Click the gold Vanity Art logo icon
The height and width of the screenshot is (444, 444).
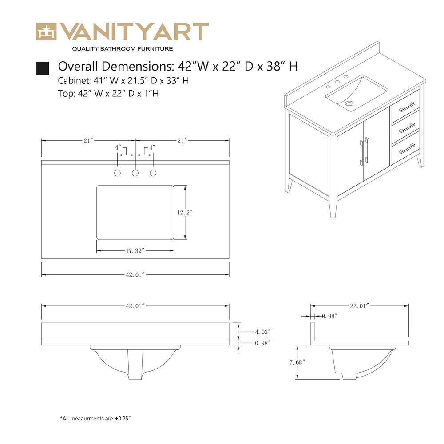46,31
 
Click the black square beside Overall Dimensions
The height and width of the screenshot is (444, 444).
42,68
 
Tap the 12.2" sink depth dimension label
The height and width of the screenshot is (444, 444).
184,213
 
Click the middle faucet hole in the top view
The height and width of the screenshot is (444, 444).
135,172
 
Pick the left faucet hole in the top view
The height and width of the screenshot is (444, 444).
118,172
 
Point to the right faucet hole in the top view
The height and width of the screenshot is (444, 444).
153,172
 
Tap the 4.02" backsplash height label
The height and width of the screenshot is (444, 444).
262,332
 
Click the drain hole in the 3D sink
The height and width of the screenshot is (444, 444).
349,103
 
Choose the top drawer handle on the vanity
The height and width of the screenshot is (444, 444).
407,107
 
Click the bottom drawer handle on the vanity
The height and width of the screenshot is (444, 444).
407,149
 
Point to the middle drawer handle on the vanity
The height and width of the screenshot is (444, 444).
407,128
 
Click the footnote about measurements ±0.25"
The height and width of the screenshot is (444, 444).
96,418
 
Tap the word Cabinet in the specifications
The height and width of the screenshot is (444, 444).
74,81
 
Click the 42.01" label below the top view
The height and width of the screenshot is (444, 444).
135,275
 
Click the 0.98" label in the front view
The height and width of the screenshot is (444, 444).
262,343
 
